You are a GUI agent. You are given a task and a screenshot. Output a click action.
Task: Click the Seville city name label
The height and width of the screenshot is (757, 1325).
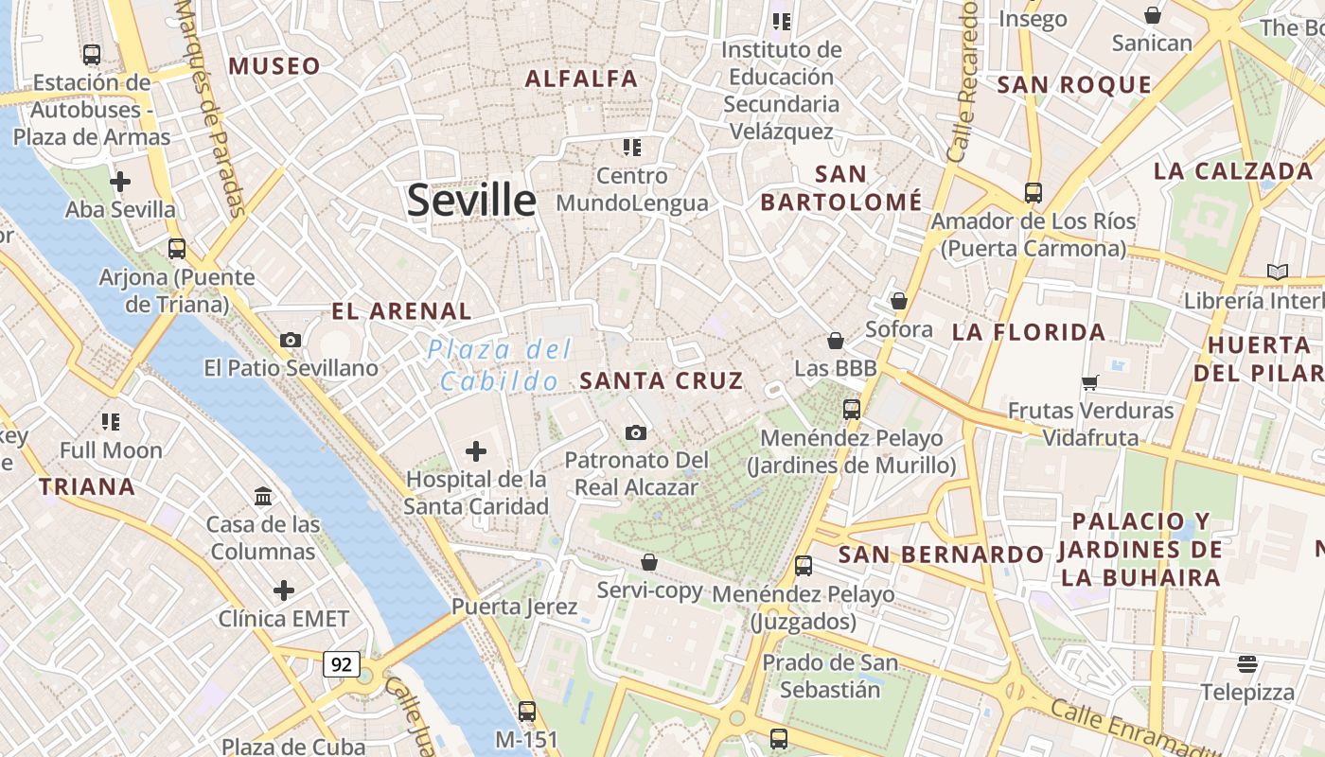click(x=471, y=201)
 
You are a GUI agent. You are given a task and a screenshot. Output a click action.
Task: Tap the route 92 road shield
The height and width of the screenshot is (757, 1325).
click(x=341, y=664)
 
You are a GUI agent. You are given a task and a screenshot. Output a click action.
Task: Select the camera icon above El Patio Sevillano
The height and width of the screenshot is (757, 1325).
click(x=291, y=340)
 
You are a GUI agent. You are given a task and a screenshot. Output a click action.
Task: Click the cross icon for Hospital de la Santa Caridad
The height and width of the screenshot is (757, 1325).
click(x=476, y=451)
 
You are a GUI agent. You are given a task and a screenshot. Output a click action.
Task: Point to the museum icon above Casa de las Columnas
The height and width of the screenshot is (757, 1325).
click(x=262, y=496)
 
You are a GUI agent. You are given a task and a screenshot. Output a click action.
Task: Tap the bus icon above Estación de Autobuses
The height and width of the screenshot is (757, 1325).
click(x=92, y=55)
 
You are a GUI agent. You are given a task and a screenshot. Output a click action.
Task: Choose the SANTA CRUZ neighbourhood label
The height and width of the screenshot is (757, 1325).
click(x=661, y=380)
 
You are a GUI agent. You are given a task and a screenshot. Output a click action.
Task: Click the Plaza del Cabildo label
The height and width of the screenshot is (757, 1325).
click(x=500, y=365)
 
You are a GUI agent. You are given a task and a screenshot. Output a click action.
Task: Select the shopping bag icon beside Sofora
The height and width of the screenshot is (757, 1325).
click(x=898, y=302)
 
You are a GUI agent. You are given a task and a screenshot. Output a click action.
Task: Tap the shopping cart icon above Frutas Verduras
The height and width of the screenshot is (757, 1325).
click(x=1090, y=382)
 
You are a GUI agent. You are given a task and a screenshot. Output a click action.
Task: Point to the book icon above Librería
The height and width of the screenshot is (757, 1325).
click(x=1278, y=273)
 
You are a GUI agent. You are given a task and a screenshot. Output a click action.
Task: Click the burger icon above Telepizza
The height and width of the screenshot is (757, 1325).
click(x=1247, y=663)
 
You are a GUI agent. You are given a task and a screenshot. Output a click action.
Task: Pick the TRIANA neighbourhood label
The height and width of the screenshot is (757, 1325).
click(x=86, y=487)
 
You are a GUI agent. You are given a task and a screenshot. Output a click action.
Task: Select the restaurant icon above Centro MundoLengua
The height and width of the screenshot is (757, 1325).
click(x=631, y=147)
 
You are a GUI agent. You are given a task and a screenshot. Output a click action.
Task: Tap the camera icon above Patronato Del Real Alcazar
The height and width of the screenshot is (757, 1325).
click(x=636, y=432)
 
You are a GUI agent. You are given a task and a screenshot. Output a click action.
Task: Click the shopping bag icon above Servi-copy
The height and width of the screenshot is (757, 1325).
click(x=649, y=562)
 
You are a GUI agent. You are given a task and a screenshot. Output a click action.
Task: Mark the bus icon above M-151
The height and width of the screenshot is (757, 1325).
click(x=527, y=711)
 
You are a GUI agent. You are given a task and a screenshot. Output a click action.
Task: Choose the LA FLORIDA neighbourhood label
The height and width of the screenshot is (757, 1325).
click(x=1029, y=332)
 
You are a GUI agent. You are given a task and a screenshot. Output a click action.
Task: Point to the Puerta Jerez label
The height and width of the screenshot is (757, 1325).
click(x=514, y=606)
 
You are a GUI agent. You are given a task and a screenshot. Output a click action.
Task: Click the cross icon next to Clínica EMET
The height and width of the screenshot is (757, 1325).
click(x=284, y=590)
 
